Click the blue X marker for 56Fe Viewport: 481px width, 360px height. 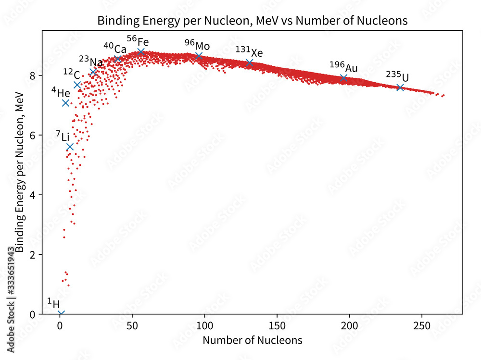[x=141, y=52]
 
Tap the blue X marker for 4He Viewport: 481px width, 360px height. [x=66, y=103]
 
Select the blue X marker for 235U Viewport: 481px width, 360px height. [x=400, y=87]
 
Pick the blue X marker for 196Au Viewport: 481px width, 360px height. [x=343, y=78]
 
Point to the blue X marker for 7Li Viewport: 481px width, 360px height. [x=70, y=147]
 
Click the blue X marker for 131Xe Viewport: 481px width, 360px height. [x=249, y=63]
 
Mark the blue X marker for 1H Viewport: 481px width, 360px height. [x=61, y=313]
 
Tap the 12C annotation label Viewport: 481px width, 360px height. [x=71, y=73]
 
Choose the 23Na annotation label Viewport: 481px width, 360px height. [x=91, y=62]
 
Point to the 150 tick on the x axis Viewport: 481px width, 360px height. [x=277, y=314]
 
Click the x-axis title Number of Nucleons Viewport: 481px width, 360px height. [x=253, y=340]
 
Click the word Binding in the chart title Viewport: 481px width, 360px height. [x=114, y=21]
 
